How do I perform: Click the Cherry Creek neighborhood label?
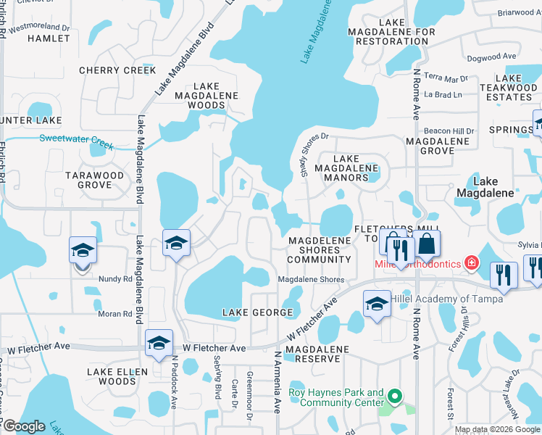click(x=117, y=70)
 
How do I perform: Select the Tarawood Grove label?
click(x=95, y=180)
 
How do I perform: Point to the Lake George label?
click(x=257, y=312)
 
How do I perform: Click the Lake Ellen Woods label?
click(x=117, y=376)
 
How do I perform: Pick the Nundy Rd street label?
click(x=116, y=278)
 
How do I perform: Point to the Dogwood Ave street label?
click(x=491, y=57)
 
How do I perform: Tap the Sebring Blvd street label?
click(x=217, y=381)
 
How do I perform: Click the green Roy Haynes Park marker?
click(x=394, y=397)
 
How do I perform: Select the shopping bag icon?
click(x=427, y=244)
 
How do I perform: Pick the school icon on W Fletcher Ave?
click(x=159, y=344)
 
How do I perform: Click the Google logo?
click(x=24, y=426)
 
